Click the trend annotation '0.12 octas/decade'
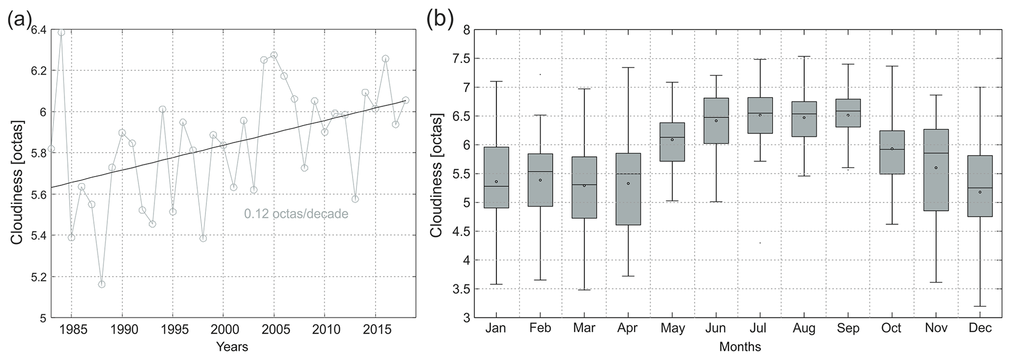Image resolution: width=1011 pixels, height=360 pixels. pos(296,214)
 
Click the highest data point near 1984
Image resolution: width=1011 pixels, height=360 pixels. pos(61,32)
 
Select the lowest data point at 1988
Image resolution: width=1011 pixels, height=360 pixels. pos(102,284)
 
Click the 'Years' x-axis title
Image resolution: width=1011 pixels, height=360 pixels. pos(232,347)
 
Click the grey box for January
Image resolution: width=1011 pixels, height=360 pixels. pos(496,177)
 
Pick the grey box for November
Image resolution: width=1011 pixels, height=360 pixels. pos(936,170)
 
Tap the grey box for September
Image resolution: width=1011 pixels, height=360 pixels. pos(848,113)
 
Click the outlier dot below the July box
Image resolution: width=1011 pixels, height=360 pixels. pos(760,243)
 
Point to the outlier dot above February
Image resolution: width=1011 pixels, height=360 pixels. pos(540,74)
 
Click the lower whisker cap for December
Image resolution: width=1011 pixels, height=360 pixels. pos(979,306)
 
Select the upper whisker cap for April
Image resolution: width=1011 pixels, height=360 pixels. pos(628,67)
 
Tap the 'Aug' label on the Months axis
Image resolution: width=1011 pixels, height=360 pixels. pos(804,328)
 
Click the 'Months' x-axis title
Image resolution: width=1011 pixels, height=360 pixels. pos(740,347)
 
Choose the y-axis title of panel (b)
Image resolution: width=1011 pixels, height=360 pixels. pos(436,175)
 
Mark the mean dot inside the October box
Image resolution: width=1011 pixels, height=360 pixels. pos(892,149)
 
